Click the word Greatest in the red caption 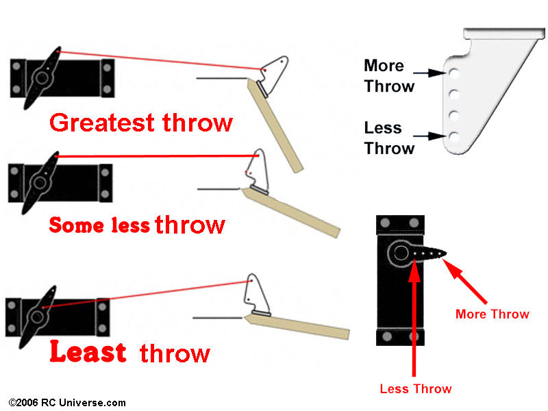click(102, 123)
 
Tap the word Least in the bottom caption click(88, 351)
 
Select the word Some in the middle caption click(76, 225)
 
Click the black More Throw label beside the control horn click(389, 76)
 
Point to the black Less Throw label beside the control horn click(389, 138)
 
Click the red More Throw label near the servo click(492, 314)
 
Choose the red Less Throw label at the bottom click(416, 388)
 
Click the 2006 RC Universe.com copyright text click(66, 403)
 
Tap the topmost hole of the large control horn click(454, 74)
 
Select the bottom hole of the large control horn click(454, 136)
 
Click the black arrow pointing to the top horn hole click(429, 73)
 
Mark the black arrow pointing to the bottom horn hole click(429, 136)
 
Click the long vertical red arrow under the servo click(414, 317)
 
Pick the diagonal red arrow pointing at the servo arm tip click(465, 282)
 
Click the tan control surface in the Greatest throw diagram click(275, 126)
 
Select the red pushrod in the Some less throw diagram click(158, 156)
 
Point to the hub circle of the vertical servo click(401, 253)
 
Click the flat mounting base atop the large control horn click(504, 33)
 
